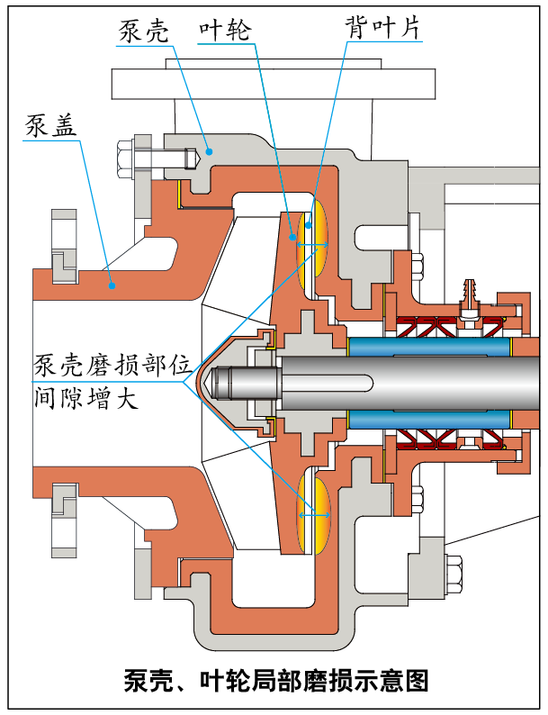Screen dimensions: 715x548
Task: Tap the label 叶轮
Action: coord(224,31)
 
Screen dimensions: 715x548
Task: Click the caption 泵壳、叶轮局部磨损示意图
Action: coord(275,679)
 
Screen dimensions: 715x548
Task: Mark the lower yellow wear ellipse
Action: coord(313,514)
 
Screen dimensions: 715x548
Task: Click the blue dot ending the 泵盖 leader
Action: coord(111,285)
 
